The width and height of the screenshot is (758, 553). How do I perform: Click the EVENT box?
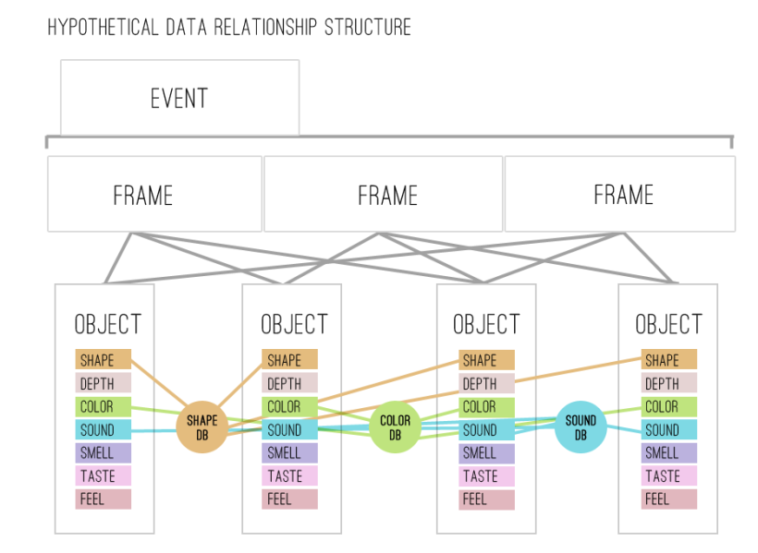[x=179, y=98]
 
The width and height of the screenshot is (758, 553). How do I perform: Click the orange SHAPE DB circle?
[x=202, y=427]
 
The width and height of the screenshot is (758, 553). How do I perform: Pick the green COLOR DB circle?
[x=395, y=427]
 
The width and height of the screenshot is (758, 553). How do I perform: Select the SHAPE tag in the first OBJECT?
[x=103, y=360]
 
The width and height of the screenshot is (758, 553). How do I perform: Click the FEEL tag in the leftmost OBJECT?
[x=103, y=499]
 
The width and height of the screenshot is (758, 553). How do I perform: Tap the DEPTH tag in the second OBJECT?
[x=289, y=383]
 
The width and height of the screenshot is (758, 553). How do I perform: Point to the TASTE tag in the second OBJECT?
[x=289, y=476]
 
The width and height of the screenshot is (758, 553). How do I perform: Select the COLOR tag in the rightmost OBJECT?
[x=668, y=406]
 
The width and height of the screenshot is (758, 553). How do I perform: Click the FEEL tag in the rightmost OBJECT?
[x=668, y=499]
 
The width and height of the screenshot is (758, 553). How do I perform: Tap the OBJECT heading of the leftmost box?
[x=107, y=325]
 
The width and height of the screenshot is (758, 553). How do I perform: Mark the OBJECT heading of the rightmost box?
[x=668, y=325]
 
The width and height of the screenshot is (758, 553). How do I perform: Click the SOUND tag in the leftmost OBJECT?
[x=103, y=429]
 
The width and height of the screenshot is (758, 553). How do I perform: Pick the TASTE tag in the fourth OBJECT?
[x=668, y=476]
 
